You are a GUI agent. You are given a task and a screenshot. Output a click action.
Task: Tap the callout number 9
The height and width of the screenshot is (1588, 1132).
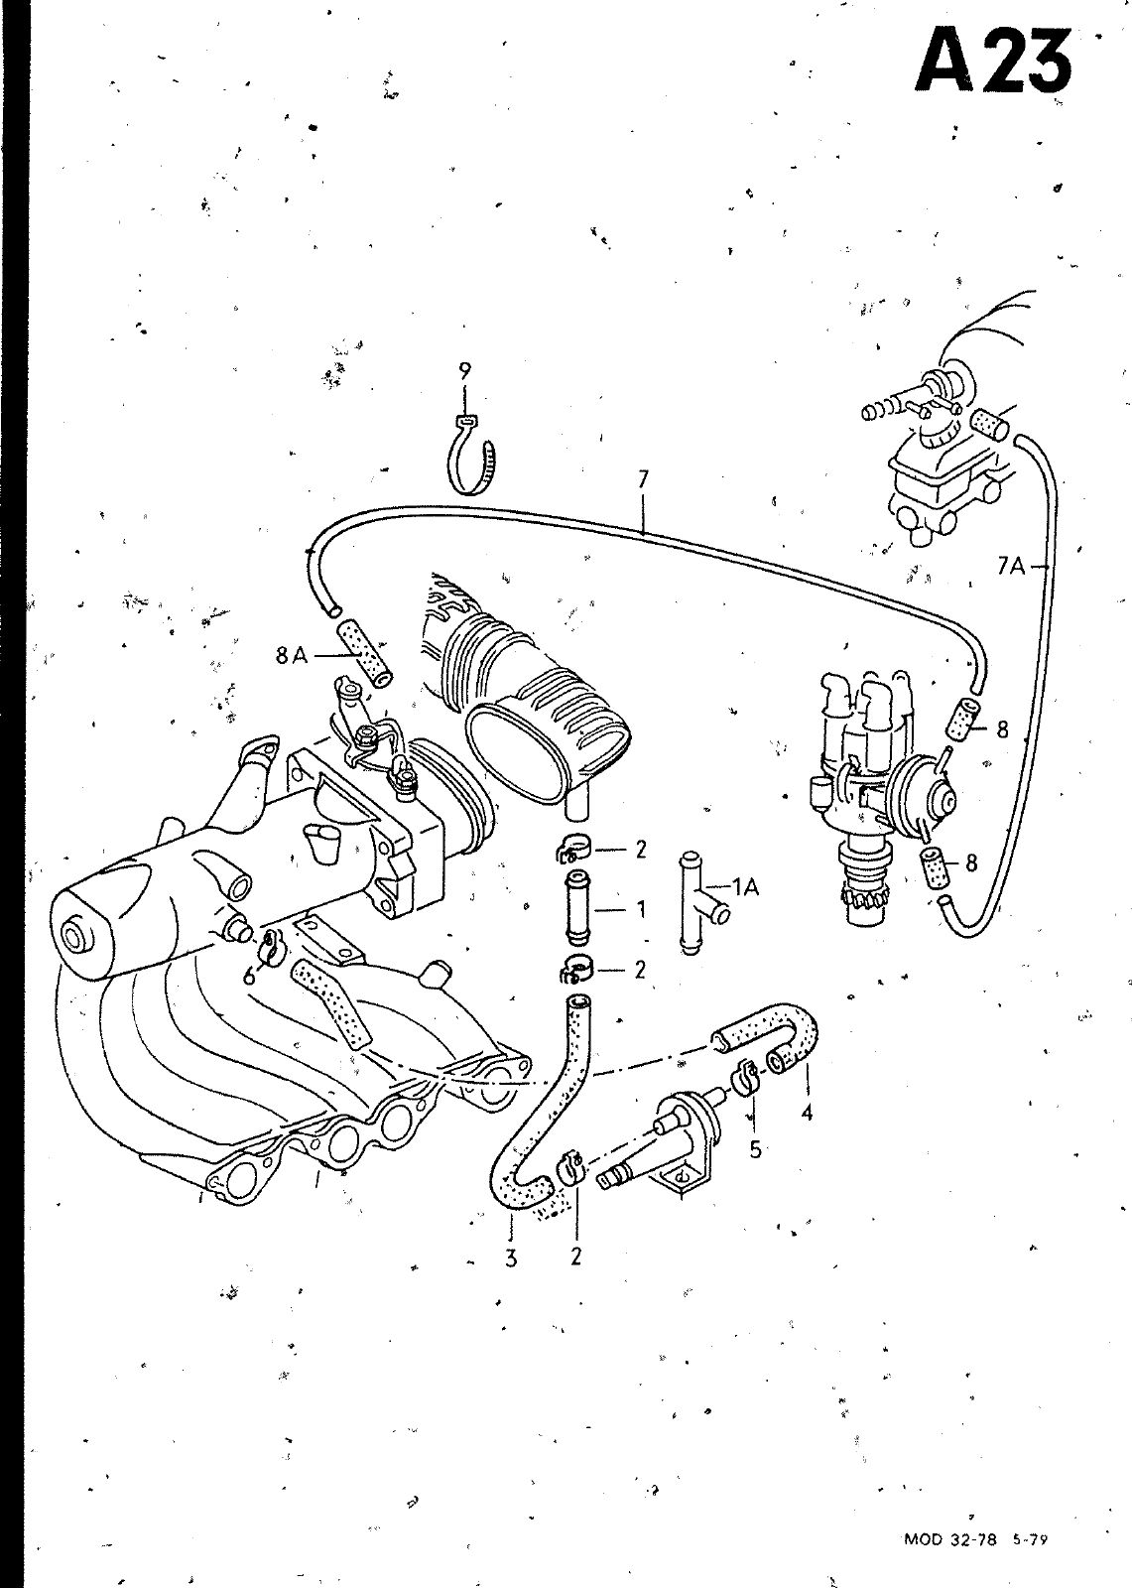(x=464, y=371)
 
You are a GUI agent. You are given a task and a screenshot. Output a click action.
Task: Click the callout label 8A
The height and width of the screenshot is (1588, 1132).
(x=292, y=655)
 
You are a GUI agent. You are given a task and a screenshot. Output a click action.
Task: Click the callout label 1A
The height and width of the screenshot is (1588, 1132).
(x=744, y=887)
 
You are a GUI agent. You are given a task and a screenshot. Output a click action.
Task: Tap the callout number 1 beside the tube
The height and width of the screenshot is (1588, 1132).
(x=641, y=908)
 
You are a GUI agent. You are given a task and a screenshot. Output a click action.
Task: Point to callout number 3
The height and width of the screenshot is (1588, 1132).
(x=511, y=1258)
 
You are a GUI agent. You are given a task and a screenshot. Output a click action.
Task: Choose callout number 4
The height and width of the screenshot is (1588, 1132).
(x=807, y=1113)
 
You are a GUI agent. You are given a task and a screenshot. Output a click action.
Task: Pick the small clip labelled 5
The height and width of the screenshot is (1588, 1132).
(x=746, y=1078)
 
